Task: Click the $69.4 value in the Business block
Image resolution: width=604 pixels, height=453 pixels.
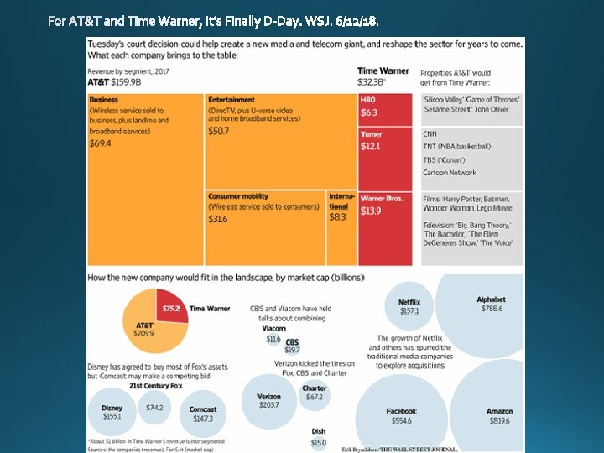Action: click(x=101, y=143)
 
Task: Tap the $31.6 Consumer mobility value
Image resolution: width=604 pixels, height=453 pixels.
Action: click(x=218, y=219)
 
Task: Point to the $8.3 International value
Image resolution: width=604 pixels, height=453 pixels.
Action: click(x=337, y=217)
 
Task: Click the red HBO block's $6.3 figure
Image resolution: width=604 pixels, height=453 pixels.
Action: click(x=369, y=112)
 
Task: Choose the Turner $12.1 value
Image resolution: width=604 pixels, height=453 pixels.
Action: click(x=371, y=146)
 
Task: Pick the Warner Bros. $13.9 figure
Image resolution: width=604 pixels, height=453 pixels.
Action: click(x=371, y=211)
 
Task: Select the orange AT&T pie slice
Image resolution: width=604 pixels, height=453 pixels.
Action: click(x=148, y=331)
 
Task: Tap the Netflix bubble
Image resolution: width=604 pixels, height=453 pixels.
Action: click(x=409, y=306)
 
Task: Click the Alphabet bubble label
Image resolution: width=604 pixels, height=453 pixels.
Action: click(x=491, y=299)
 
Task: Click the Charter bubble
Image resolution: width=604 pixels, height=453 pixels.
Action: click(x=315, y=393)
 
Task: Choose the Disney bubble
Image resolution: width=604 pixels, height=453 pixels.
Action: click(x=112, y=412)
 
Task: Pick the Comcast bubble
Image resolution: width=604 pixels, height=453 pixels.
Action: click(x=203, y=414)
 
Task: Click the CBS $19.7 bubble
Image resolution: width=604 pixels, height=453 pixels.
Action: click(x=292, y=346)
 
